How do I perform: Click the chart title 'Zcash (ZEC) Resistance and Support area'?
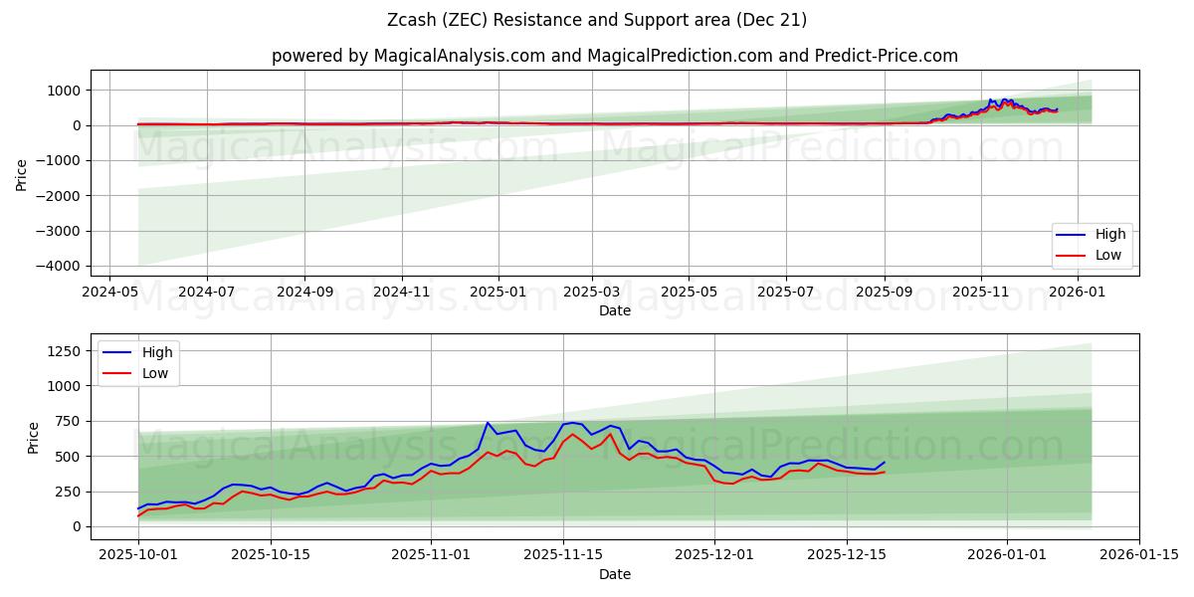point(597,20)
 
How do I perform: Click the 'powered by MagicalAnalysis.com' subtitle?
point(615,56)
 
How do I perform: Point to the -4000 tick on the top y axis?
point(62,266)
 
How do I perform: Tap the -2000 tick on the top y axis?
point(62,196)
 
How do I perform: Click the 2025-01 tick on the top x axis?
point(497,294)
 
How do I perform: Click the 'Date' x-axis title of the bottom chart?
point(615,575)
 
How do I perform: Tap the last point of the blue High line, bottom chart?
point(884,462)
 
